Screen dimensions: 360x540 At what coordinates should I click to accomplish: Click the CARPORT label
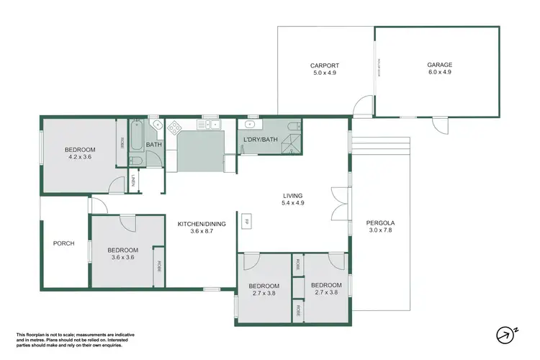tap(324, 66)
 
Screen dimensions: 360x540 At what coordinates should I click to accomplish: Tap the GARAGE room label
tap(439, 66)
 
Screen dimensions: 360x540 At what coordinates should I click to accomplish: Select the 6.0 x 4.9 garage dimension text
tap(439, 73)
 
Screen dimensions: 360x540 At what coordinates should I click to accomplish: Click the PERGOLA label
tap(382, 223)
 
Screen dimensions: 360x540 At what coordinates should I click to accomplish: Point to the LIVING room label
tap(292, 196)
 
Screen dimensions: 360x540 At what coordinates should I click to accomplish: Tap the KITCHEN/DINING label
tap(202, 224)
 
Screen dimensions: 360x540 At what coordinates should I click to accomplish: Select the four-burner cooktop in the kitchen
tap(174, 127)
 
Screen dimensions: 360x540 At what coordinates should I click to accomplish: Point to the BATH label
tap(154, 145)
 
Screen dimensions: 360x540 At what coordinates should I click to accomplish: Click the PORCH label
tap(64, 243)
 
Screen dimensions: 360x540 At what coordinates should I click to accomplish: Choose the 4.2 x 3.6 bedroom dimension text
tap(81, 157)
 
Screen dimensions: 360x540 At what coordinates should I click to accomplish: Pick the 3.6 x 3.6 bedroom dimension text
tap(123, 257)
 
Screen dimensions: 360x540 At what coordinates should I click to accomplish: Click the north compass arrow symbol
tap(506, 335)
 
